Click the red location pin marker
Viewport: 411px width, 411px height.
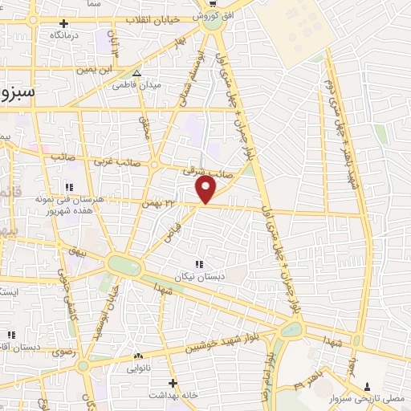click(x=206, y=190)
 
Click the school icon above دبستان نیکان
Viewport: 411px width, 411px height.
click(x=199, y=262)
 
